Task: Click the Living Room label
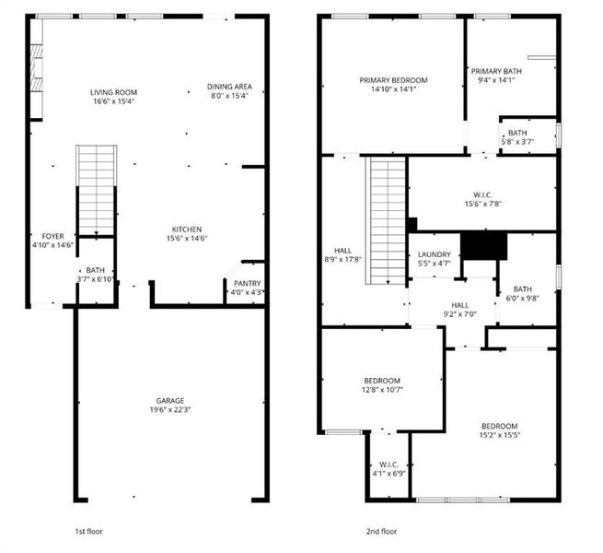[113, 92]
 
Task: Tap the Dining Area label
[229, 87]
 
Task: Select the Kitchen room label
[187, 229]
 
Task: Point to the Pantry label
[247, 284]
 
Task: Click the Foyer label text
[52, 237]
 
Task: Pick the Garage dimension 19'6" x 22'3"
[169, 411]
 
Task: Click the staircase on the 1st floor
[96, 189]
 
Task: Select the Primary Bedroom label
[393, 80]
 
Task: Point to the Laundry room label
[434, 255]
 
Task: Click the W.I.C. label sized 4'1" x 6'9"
[388, 465]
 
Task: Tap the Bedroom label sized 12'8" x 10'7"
[381, 381]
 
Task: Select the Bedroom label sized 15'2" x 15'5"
[498, 426]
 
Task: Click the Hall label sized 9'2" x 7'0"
[459, 305]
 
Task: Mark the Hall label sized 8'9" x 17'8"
[343, 250]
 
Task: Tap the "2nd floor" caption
[382, 532]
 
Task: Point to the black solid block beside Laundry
[483, 245]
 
